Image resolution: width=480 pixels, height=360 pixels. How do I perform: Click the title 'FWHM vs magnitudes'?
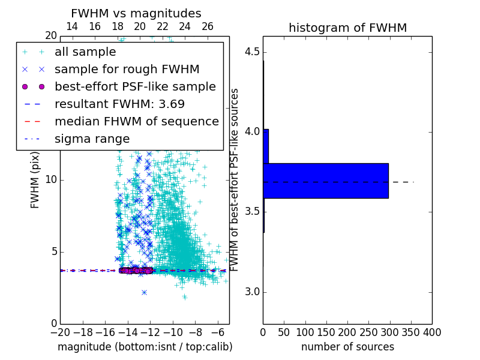136,13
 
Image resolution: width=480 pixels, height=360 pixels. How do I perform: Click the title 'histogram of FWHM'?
347,28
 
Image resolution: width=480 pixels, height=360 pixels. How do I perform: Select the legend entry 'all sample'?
85,52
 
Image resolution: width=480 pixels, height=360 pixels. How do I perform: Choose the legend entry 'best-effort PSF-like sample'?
135,86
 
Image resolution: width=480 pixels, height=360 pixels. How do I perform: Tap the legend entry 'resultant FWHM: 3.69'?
119,104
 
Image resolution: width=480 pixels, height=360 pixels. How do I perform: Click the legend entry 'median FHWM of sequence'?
136,121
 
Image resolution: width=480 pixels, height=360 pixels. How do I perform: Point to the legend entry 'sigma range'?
92,139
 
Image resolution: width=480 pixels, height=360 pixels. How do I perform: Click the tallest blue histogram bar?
326,181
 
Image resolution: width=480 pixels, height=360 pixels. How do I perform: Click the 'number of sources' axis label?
347,347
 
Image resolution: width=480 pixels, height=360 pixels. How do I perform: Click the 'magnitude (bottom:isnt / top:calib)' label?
145,347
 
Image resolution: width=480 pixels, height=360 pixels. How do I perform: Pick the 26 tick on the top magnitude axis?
208,26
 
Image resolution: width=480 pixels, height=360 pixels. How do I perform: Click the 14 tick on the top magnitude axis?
71,26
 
